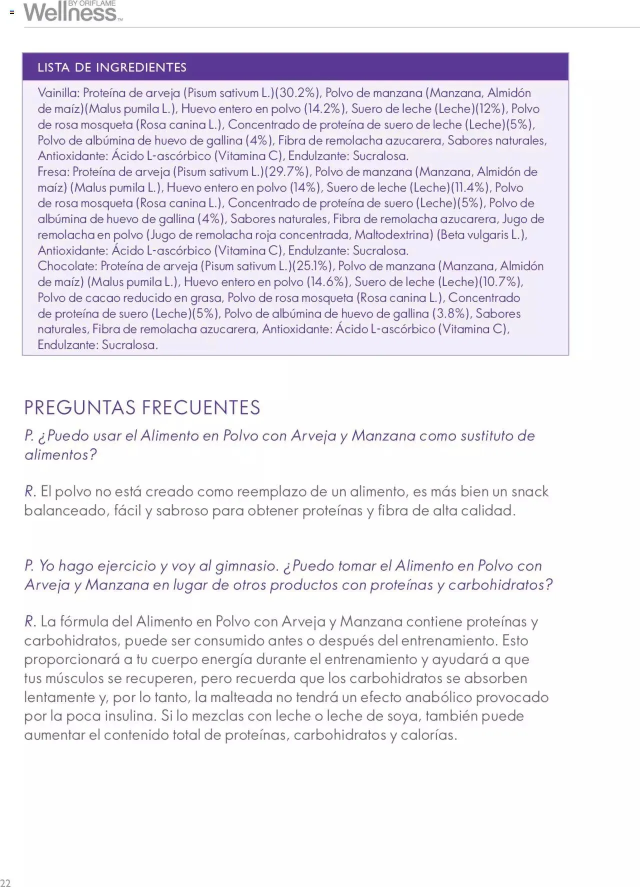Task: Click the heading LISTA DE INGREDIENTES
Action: [112, 67]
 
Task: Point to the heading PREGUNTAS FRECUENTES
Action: [142, 407]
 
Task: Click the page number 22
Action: [5, 882]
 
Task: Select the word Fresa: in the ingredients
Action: [53, 172]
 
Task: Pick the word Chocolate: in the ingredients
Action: [67, 266]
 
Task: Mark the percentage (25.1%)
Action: [312, 266]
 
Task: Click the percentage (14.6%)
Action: [327, 282]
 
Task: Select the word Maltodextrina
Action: [393, 235]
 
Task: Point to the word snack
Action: [529, 491]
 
